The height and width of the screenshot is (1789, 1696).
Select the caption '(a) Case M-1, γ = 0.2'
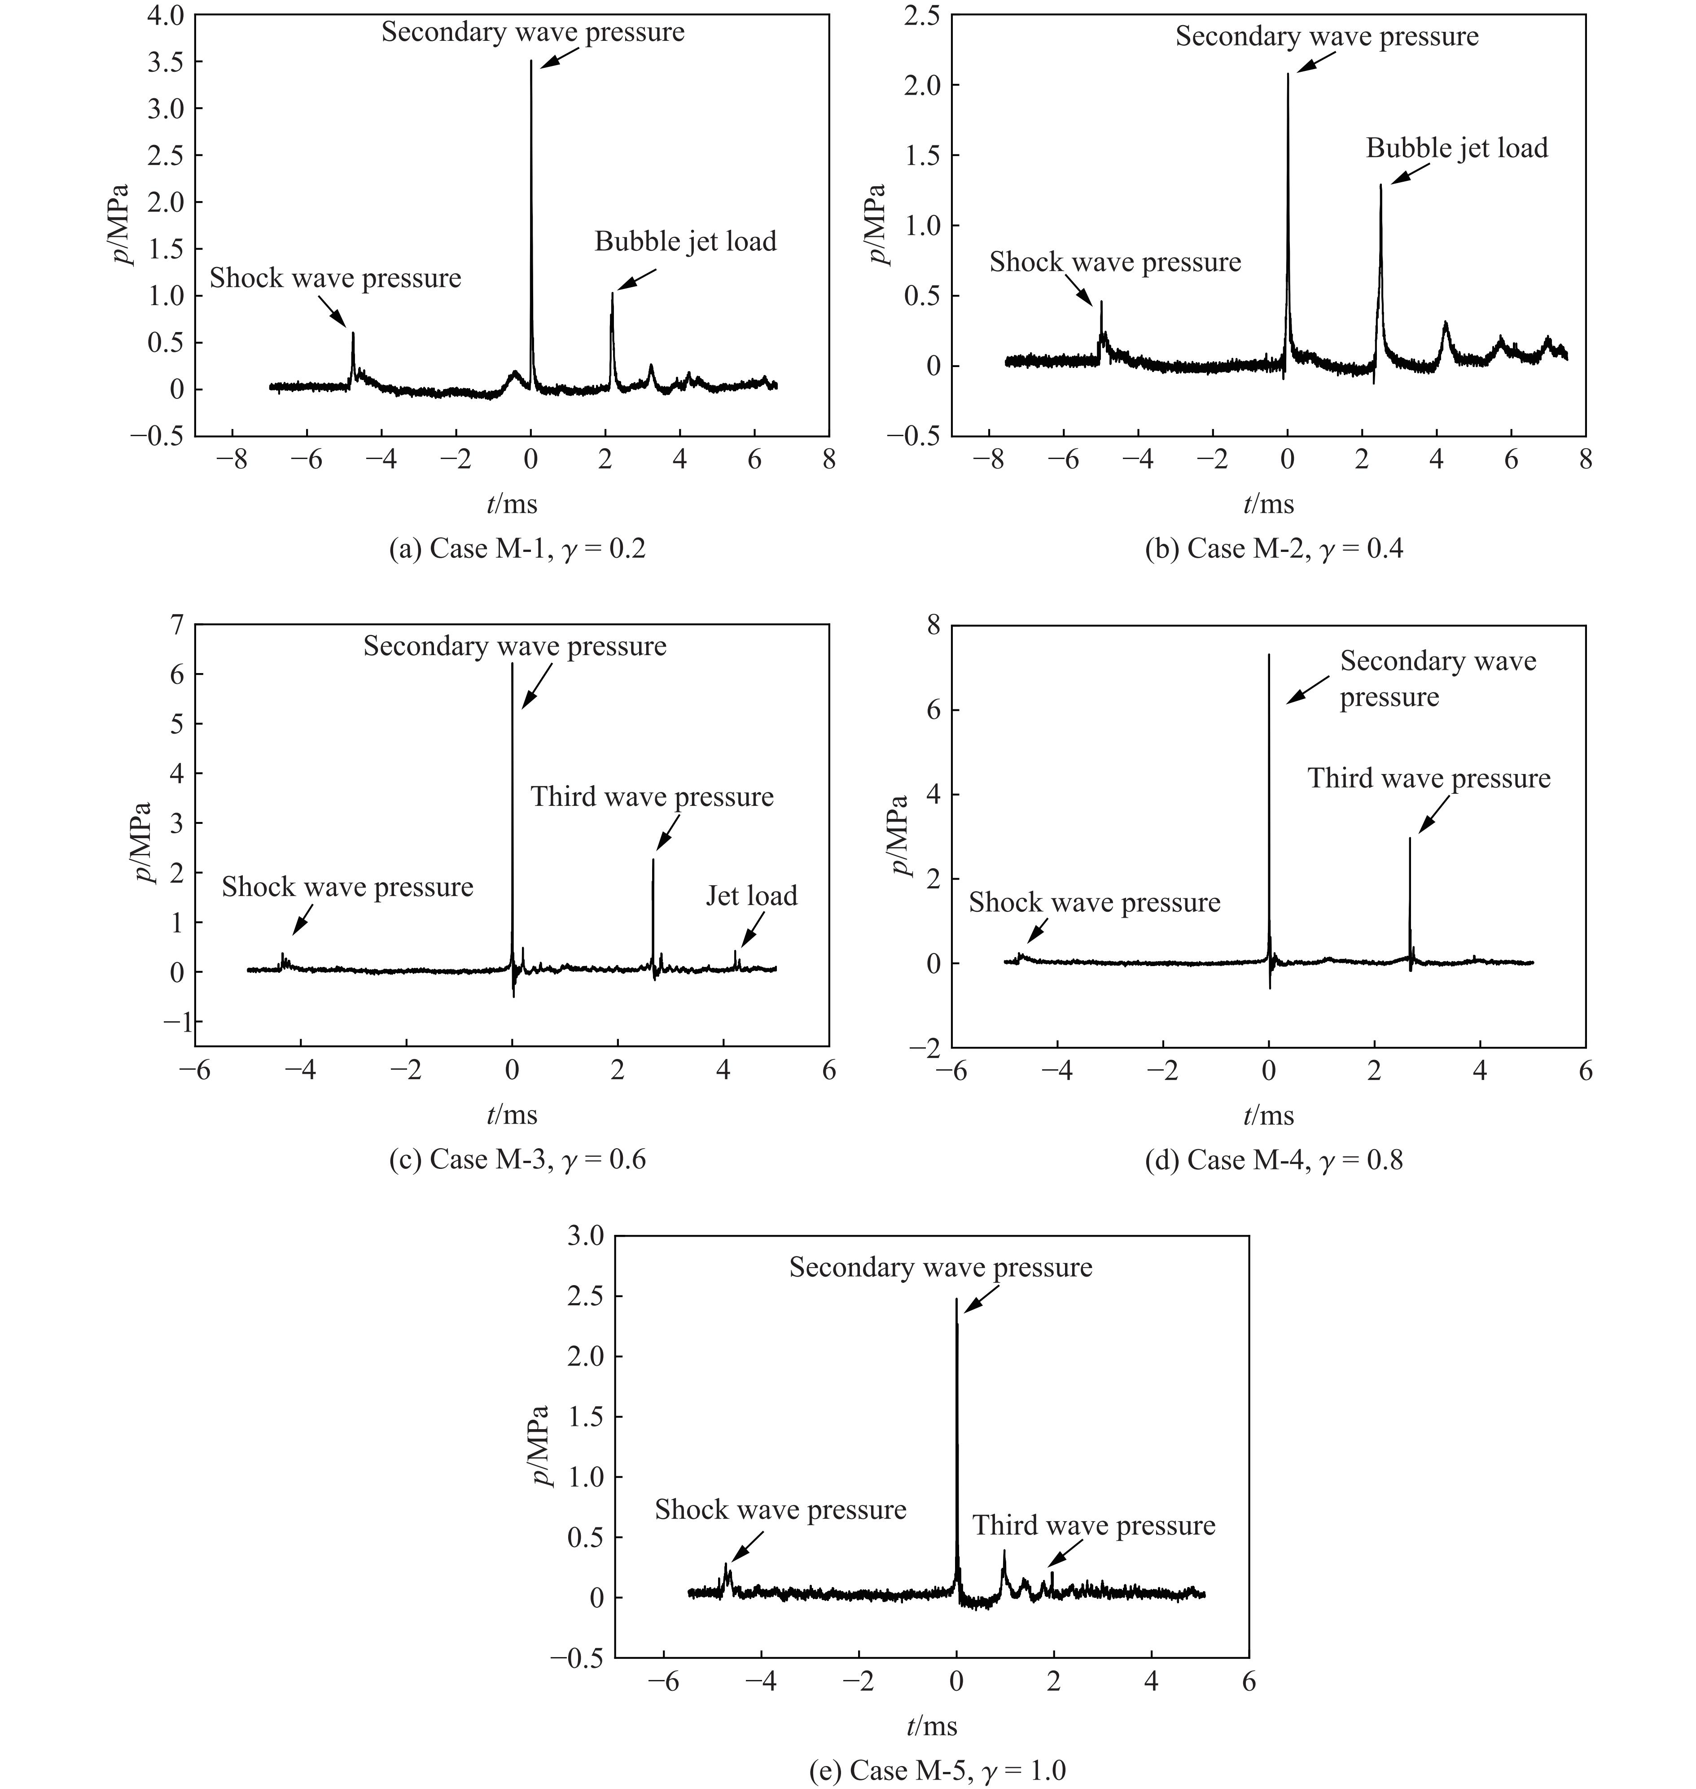click(x=517, y=549)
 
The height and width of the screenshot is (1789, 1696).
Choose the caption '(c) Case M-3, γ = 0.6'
click(x=517, y=1160)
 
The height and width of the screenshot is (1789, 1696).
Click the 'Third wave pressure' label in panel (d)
click(x=1429, y=779)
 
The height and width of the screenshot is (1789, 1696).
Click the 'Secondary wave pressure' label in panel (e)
click(x=940, y=1268)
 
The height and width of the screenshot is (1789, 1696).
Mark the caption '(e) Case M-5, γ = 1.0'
click(x=938, y=1770)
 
